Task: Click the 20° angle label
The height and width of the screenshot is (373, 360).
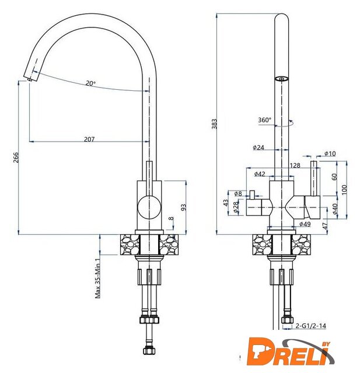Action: click(x=90, y=83)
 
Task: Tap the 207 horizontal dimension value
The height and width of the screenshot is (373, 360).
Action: click(x=89, y=139)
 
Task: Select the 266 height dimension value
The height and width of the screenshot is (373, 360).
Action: click(x=16, y=157)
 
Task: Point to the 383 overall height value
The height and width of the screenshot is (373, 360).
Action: click(x=215, y=124)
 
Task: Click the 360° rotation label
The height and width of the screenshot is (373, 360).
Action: click(x=265, y=120)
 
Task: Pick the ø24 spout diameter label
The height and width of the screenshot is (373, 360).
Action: click(x=258, y=147)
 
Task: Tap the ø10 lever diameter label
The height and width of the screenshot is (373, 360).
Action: click(x=330, y=153)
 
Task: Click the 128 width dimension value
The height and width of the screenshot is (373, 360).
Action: click(x=295, y=165)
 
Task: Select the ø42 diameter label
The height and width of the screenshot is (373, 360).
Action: click(x=260, y=174)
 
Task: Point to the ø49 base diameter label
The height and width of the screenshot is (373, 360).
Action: click(x=305, y=224)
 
